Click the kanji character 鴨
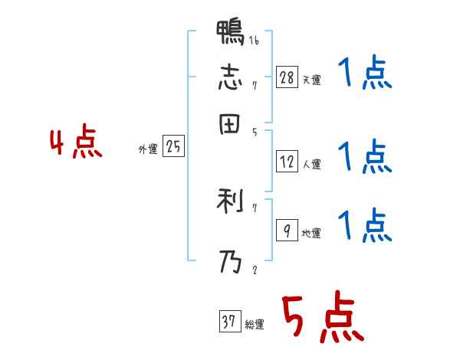tap(231, 34)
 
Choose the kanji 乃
tap(231, 263)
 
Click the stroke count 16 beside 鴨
tap(254, 41)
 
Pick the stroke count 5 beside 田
tap(254, 132)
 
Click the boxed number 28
tap(287, 77)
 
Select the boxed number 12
tap(287, 162)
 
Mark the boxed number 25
tap(173, 147)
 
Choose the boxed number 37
tap(229, 322)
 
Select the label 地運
tap(312, 234)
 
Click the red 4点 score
tap(76, 143)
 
